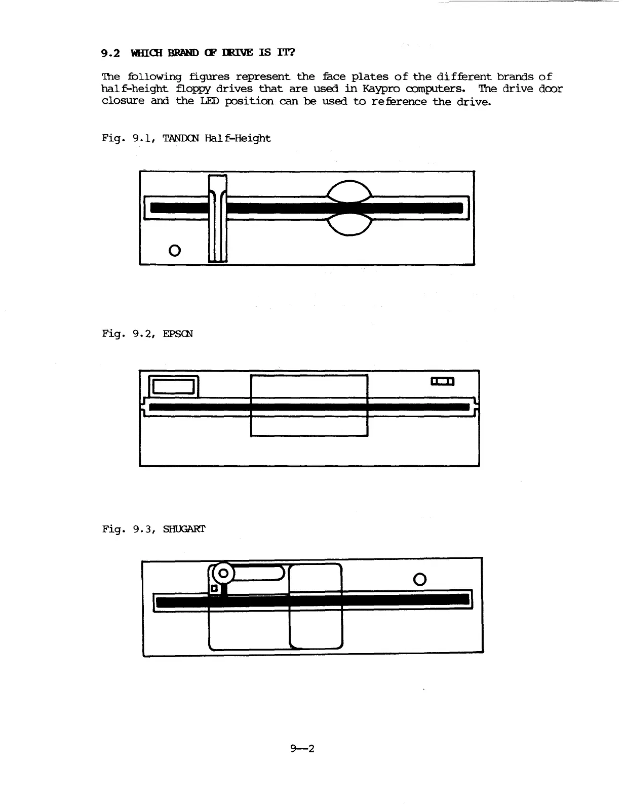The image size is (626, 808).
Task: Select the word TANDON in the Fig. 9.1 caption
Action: tap(181, 138)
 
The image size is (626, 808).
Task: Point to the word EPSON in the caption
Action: tap(178, 334)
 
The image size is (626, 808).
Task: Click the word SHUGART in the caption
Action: tap(184, 529)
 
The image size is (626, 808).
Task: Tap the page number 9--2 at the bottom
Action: tap(303, 748)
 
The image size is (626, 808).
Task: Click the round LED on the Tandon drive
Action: tap(175, 250)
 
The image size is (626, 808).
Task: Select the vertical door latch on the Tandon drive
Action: tap(218, 218)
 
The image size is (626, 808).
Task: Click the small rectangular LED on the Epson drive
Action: tap(442, 381)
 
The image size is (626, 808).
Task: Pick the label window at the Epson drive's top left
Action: tap(174, 386)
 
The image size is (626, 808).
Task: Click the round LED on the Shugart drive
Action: tap(420, 579)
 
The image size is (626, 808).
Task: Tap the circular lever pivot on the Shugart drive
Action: tap(223, 574)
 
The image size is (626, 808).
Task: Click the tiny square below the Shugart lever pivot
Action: tap(214, 589)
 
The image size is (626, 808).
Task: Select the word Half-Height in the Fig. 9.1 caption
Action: tap(238, 138)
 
